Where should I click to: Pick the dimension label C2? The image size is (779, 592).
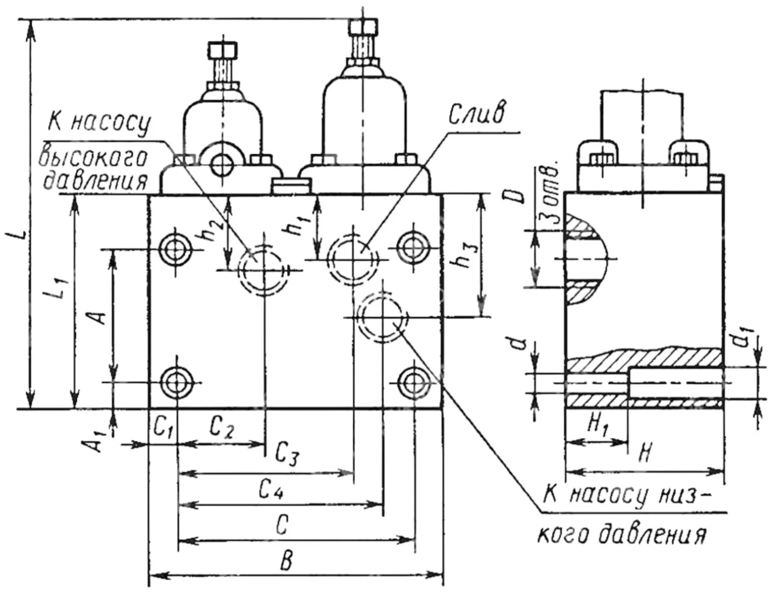(222, 428)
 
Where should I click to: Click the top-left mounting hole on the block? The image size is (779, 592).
(176, 249)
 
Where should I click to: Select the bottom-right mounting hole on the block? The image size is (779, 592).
(413, 382)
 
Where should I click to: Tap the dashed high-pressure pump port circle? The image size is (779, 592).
(263, 269)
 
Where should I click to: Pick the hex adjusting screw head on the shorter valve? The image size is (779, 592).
(223, 52)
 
